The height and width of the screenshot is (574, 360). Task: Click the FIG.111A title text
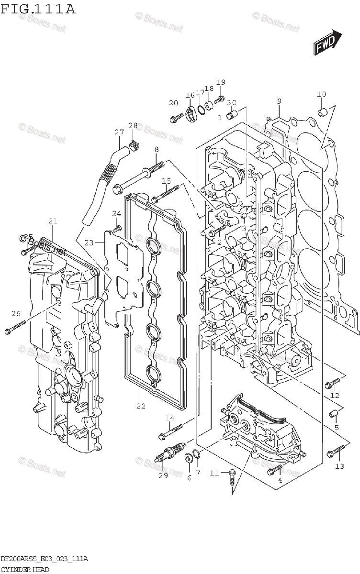pos(38,9)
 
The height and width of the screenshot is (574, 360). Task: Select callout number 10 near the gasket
pos(321,94)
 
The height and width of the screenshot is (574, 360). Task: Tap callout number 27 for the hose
pos(119,132)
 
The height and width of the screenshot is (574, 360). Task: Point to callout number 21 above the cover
pos(53,221)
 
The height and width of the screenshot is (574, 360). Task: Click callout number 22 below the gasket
pos(140,406)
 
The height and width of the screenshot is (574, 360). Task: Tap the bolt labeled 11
pos(232,474)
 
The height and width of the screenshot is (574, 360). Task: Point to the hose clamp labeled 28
pos(135,143)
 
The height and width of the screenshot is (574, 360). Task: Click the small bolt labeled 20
pos(176,116)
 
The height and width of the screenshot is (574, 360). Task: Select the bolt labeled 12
pos(332,383)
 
